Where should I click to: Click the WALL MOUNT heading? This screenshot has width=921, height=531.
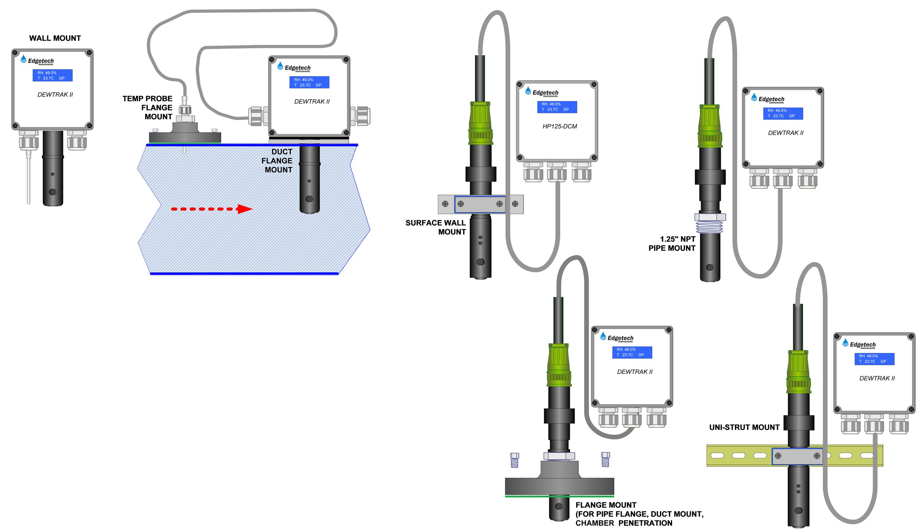(x=55, y=38)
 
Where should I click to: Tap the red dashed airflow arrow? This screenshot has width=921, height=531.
(x=211, y=209)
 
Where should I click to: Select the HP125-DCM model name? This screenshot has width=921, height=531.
(x=560, y=127)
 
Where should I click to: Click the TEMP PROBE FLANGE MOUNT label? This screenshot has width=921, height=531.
(x=148, y=108)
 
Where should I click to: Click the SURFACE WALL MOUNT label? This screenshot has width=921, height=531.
(x=436, y=227)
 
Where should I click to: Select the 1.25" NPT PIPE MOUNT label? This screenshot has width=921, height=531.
(x=672, y=243)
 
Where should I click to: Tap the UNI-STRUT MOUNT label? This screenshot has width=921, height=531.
(x=744, y=427)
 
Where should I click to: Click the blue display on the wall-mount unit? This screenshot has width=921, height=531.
(x=53, y=75)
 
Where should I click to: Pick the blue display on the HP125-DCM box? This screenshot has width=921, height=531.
(x=557, y=107)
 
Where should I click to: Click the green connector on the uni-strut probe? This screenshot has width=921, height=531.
(x=798, y=372)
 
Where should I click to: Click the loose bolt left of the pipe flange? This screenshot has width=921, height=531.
(x=515, y=460)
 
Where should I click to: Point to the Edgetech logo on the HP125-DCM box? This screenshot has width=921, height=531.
(x=542, y=92)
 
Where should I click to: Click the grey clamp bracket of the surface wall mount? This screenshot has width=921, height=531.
(x=480, y=204)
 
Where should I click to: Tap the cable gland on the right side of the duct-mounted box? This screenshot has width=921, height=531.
(x=360, y=116)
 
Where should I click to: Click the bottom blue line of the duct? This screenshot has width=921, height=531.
(x=244, y=273)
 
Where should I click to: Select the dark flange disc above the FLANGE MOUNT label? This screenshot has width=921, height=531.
(x=559, y=486)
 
